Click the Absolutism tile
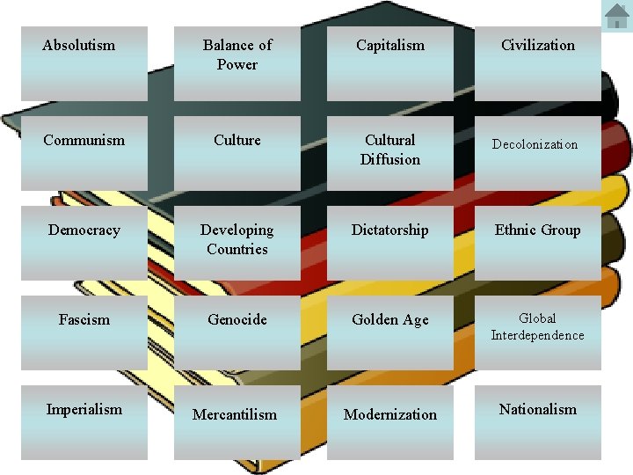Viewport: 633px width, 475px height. pos(84,62)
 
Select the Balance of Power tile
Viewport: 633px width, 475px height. pos(236,62)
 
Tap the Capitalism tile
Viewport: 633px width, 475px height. pos(390,62)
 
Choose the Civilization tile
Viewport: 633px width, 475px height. pos(538,62)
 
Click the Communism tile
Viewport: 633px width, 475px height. pos(84,153)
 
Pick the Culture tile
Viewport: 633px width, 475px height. pos(236,153)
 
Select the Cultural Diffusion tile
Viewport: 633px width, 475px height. pos(390,153)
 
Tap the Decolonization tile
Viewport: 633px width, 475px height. pos(538,153)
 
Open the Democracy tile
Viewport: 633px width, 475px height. pos(84,243)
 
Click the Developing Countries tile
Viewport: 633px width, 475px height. pos(236,243)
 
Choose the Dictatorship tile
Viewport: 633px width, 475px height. pos(390,243)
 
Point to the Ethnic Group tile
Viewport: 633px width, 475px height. pos(538,243)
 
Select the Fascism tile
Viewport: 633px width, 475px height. pos(84,332)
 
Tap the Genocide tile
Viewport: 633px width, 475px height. pos(236,332)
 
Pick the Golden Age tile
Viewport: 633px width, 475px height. pos(390,332)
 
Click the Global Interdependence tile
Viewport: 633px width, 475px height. pos(538,332)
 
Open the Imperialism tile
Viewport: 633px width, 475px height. pos(84,422)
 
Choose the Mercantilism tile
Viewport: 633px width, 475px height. pos(236,422)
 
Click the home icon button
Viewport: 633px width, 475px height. pos(616,15)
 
